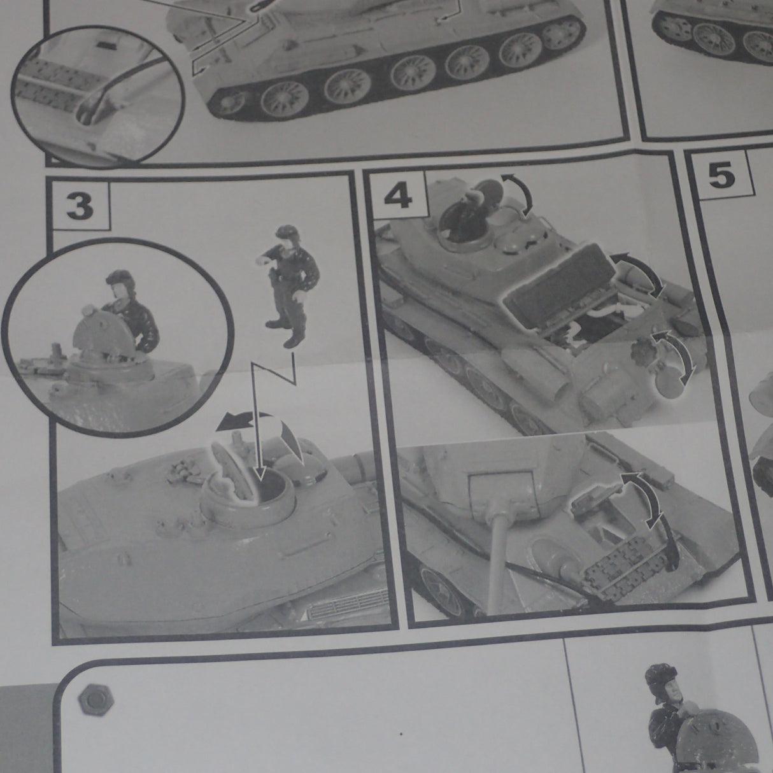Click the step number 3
(x=80, y=207)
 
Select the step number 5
(x=721, y=176)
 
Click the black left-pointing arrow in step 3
(x=240, y=420)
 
